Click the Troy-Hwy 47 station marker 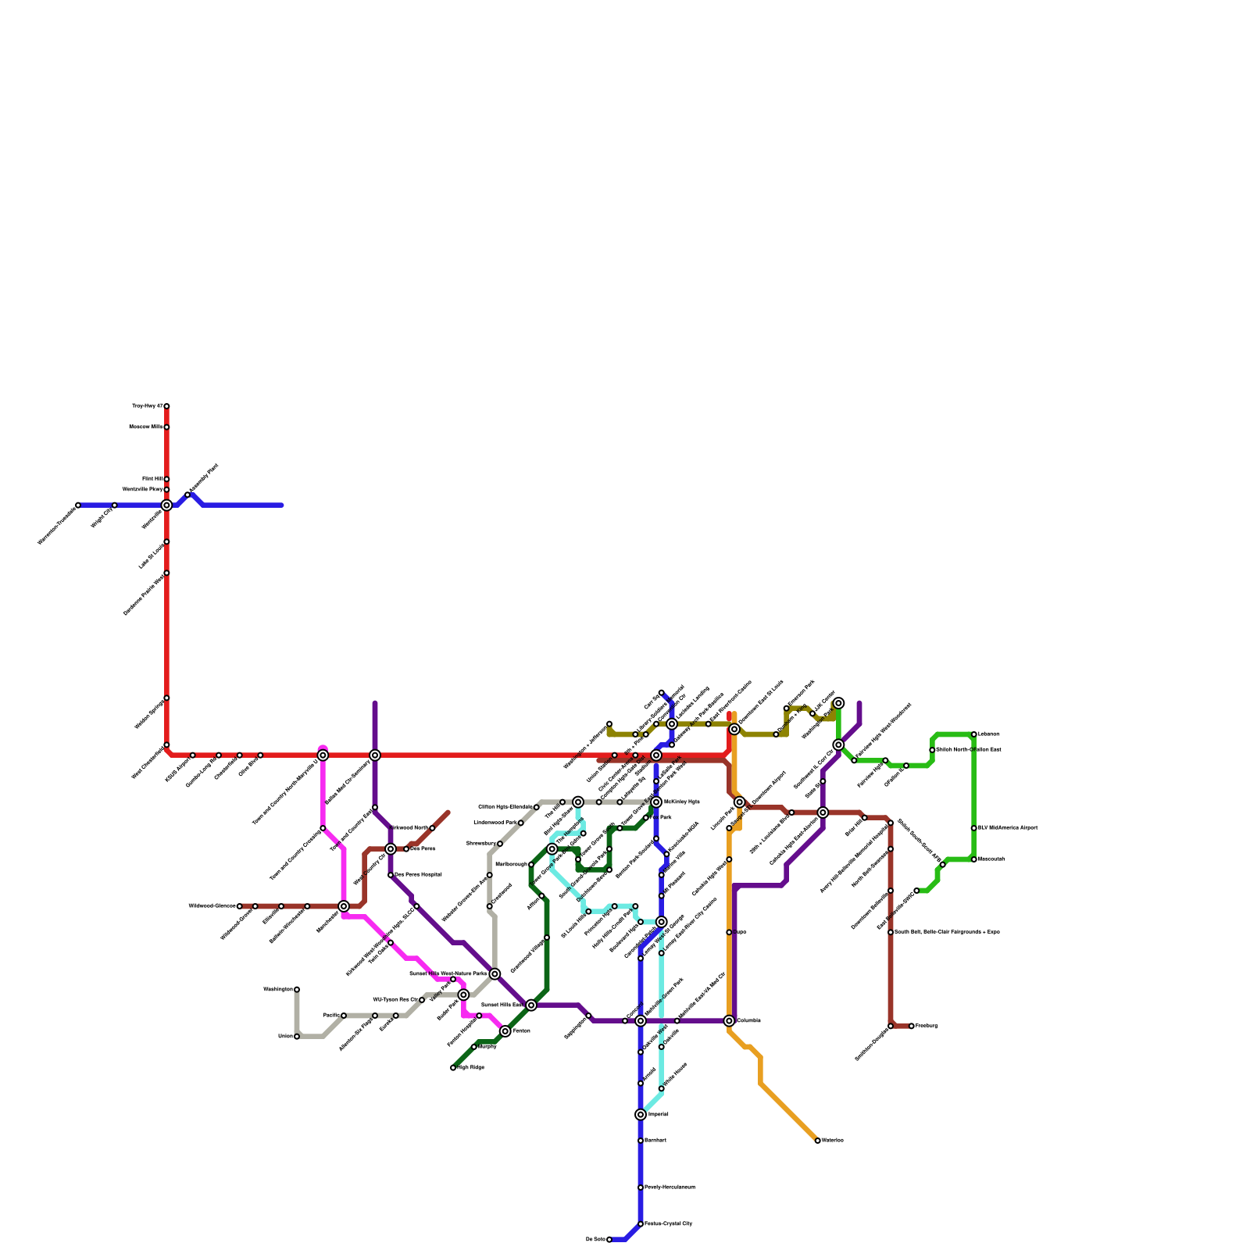166,406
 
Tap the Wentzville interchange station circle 166,505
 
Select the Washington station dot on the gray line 297,990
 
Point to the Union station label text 285,1037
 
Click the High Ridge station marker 453,1068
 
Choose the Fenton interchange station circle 505,1031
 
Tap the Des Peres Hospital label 418,875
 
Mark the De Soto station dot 609,1240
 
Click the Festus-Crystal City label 668,1224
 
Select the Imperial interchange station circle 641,1115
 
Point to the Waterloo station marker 818,1141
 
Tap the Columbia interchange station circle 729,1021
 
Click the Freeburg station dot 912,1026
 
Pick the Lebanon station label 988,734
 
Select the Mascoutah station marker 974,859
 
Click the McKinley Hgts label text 681,802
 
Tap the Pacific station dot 344,1016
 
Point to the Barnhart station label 655,1141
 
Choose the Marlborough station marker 531,865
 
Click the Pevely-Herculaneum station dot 641,1187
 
